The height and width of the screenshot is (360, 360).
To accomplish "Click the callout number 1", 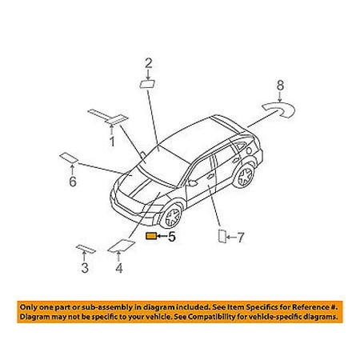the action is [112, 142].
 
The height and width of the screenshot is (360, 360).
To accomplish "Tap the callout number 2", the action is [149, 63].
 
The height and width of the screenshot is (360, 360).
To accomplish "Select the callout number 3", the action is [85, 268].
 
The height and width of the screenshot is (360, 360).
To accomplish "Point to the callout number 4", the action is [119, 268].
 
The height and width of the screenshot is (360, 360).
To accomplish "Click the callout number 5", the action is [172, 237].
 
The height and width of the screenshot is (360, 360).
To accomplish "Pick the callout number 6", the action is [73, 182].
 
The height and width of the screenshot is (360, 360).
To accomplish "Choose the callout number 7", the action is [240, 238].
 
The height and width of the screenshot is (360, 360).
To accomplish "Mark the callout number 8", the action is [280, 86].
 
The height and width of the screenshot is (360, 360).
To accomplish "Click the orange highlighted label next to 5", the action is [151, 236].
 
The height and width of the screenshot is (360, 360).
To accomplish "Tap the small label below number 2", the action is [147, 84].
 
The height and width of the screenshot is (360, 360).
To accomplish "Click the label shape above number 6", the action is [69, 158].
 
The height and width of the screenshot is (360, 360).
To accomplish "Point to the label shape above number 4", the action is [122, 246].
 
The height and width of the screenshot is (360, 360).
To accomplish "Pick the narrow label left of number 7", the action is [222, 236].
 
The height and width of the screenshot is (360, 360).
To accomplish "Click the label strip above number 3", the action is [86, 249].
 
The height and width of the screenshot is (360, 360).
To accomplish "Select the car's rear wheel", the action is [244, 176].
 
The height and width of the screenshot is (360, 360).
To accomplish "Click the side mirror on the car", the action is [191, 183].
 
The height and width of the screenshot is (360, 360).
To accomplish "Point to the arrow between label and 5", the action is [162, 236].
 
